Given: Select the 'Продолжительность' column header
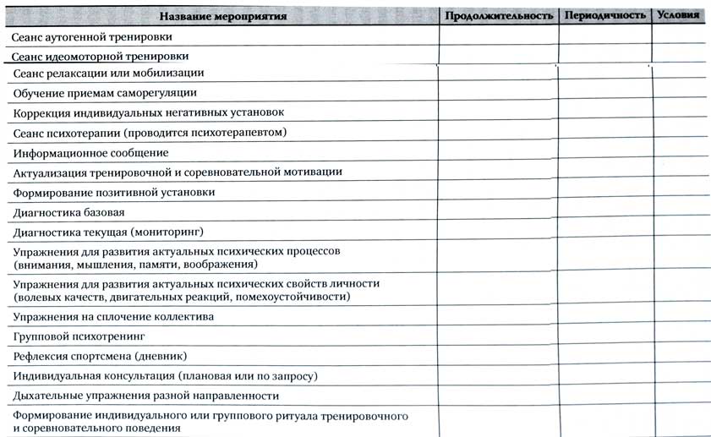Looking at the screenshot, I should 499,15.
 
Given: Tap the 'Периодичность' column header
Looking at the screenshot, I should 604,15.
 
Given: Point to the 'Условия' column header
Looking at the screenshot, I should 679,15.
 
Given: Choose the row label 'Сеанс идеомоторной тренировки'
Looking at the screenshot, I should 101,57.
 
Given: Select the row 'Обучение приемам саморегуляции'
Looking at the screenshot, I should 106,93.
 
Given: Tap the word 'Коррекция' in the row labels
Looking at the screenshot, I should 42,112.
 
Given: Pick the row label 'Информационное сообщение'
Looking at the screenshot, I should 90,153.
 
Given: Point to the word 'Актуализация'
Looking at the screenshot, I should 49,172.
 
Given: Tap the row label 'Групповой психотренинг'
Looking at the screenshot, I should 74,336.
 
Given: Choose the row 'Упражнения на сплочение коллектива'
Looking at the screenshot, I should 113,317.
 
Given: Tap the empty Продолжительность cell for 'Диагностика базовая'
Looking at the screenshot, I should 498,212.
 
